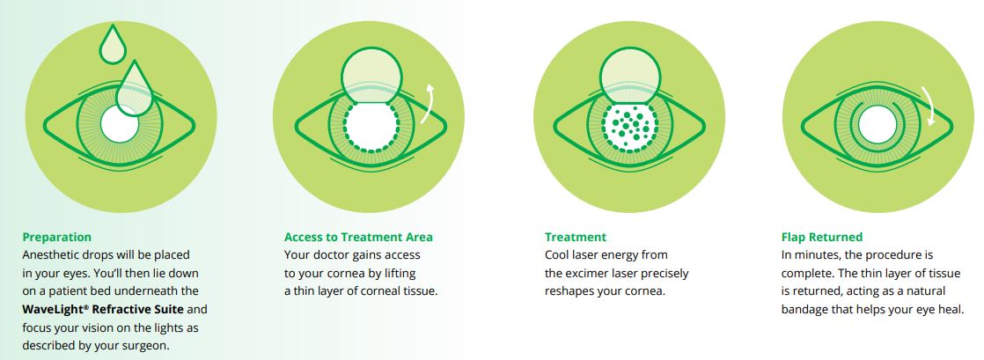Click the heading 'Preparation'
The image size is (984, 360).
point(56,237)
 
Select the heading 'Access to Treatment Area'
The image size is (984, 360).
point(358,237)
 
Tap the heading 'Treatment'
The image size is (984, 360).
point(576,237)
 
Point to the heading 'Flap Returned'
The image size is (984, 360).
point(821,237)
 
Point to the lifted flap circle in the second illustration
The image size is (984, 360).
point(370,72)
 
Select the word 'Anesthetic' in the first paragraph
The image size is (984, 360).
point(51,255)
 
